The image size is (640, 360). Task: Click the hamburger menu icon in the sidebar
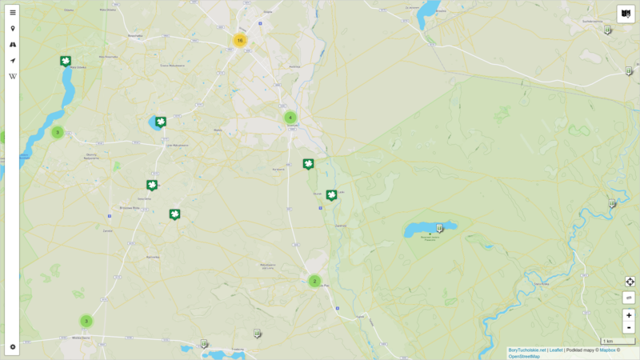pos(13,13)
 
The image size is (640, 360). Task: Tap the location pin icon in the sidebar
pos(13,29)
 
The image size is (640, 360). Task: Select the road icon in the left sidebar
pos(13,45)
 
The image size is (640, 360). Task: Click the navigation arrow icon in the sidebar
pos(13,61)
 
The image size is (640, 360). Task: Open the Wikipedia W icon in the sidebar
pos(13,77)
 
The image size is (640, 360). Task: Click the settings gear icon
pos(13,347)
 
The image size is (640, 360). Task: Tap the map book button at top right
pos(626,14)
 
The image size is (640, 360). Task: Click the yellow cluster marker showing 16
pos(239,40)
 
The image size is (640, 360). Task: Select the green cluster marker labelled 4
pos(290,118)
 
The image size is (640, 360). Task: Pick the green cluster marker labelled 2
pos(314,281)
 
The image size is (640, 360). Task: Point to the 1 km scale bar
pos(618,342)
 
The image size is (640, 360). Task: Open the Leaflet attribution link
pos(556,350)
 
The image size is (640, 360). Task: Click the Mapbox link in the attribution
pos(607,350)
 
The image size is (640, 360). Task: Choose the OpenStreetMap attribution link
pos(524,357)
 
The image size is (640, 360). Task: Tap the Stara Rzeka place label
pos(541,284)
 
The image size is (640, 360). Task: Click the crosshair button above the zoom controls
pos(630,282)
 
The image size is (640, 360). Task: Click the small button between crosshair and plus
pos(629,298)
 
